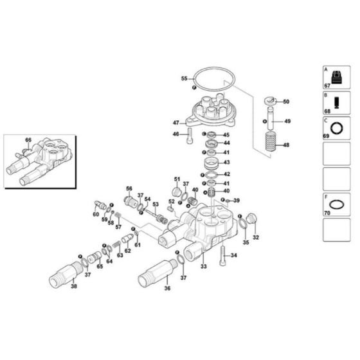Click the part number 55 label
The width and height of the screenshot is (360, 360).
184,78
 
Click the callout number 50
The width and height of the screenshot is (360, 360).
286,102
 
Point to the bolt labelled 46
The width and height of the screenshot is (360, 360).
190,135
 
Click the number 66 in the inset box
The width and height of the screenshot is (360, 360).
28,139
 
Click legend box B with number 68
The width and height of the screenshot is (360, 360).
336,103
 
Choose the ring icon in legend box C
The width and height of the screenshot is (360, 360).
336,127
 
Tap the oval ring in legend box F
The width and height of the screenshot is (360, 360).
336,204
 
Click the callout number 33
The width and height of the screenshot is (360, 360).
203,265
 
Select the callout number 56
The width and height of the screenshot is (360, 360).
129,188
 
